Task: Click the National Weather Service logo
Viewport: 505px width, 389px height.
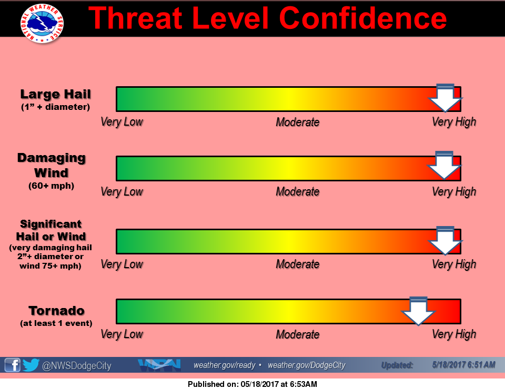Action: [x=42, y=23]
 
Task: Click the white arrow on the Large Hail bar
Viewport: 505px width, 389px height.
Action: [x=446, y=98]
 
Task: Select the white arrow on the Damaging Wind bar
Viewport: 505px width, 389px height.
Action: [x=445, y=165]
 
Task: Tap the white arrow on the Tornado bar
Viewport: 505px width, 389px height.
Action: [x=418, y=311]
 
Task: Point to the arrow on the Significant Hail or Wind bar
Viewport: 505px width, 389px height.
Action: [x=446, y=241]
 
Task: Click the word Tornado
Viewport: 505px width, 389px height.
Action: [x=57, y=311]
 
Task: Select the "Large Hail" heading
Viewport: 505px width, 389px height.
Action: [x=56, y=94]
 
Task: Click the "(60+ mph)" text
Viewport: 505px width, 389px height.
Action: [x=52, y=186]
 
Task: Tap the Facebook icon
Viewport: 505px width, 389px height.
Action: [x=13, y=365]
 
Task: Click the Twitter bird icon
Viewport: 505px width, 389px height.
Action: [x=31, y=365]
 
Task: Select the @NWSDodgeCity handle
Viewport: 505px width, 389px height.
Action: [x=77, y=366]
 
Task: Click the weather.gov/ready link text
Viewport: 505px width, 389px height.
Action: [x=225, y=365]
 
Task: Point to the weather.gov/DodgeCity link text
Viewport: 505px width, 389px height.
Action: [x=307, y=365]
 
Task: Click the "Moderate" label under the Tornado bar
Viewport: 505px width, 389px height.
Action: [x=298, y=334]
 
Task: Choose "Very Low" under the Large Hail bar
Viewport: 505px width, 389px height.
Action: [x=122, y=122]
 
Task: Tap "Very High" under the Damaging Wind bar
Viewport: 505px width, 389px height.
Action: [x=454, y=192]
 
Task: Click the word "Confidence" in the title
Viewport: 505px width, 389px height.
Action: [x=363, y=18]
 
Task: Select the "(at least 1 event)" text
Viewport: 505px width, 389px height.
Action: [x=56, y=323]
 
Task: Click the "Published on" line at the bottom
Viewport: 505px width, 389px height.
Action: [x=252, y=384]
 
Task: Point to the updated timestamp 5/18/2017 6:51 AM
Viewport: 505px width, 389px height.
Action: [x=464, y=365]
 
